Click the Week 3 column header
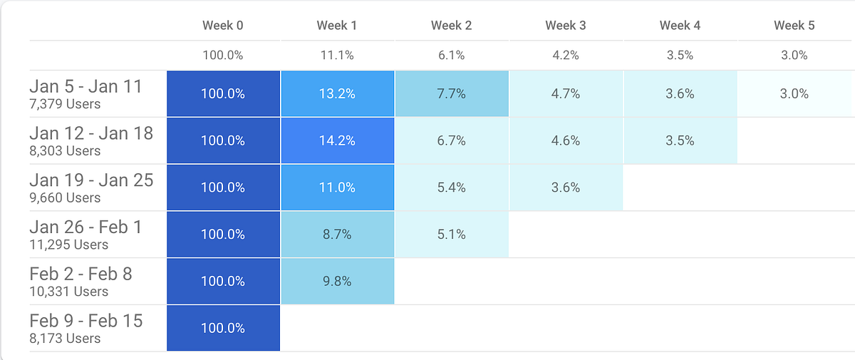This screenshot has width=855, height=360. click(566, 26)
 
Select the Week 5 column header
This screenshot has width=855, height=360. click(794, 26)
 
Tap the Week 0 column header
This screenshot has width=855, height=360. click(223, 26)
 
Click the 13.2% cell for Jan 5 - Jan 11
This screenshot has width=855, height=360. click(338, 93)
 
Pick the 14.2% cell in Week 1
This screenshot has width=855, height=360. click(338, 140)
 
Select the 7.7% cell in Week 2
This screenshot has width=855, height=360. click(452, 93)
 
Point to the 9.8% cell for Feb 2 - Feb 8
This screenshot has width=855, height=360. click(338, 281)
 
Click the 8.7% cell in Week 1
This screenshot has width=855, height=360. click(338, 234)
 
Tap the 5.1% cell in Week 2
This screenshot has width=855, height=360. click(452, 234)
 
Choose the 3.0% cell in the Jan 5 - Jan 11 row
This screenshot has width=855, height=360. click(794, 93)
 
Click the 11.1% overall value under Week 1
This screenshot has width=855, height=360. click(338, 55)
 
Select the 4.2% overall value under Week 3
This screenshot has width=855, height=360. click(566, 55)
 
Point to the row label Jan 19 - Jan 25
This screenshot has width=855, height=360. click(91, 180)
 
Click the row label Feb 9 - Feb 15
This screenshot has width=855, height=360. click(86, 321)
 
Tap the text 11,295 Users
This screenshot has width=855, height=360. click(69, 245)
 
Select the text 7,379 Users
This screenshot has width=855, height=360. click(65, 104)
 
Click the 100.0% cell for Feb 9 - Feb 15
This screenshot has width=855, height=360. click(223, 328)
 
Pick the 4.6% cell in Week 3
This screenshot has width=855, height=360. click(566, 140)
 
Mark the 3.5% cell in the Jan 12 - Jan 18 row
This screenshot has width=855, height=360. click(680, 140)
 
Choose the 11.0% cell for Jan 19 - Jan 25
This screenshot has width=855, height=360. click(338, 187)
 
